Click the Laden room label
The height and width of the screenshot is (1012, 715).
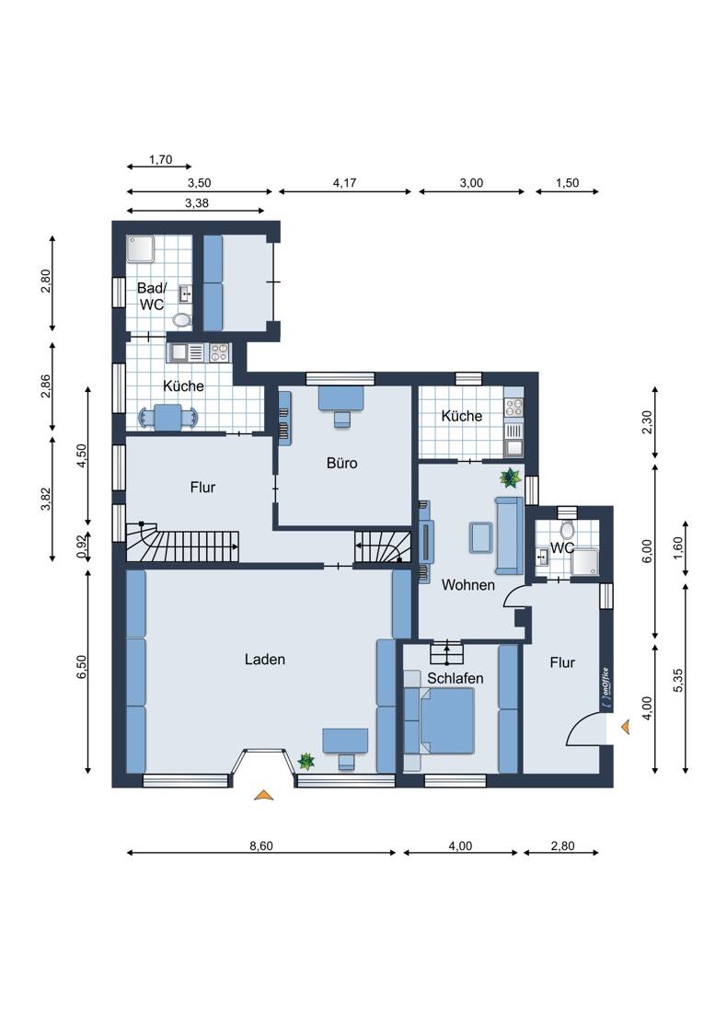point(265,660)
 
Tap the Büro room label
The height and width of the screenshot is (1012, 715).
point(342,463)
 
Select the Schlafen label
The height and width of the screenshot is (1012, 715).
point(455,678)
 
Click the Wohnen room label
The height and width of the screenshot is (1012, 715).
point(468,585)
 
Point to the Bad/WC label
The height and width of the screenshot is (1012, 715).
point(152,296)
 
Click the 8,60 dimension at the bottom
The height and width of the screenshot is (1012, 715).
point(261,845)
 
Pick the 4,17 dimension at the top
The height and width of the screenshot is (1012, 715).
point(344,183)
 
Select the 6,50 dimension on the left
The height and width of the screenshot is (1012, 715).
point(81,667)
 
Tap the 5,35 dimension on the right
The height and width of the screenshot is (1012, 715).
point(678,680)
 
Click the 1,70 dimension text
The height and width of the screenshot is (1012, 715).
point(161,159)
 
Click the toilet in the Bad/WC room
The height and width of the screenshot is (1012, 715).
point(182,319)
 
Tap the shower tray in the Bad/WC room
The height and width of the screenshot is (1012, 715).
point(140,249)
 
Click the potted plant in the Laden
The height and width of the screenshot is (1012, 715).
point(306,762)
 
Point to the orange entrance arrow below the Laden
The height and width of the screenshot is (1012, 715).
point(263,795)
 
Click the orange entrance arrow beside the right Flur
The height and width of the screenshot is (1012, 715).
point(626,728)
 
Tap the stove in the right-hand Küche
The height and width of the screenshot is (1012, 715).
point(514,407)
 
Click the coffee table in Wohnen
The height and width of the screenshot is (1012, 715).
point(481,537)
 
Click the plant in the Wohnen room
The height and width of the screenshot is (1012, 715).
point(511,477)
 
